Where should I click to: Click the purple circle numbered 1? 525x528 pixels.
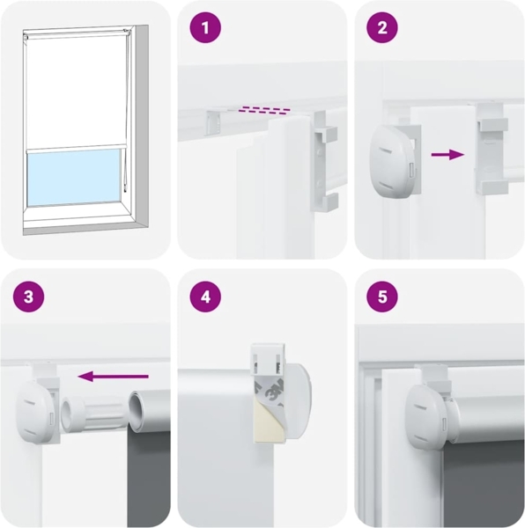[205, 27]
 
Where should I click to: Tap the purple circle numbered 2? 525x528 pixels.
[382, 27]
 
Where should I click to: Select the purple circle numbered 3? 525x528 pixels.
[29, 297]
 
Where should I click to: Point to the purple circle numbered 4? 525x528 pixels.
[205, 297]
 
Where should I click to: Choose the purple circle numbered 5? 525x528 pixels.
[382, 297]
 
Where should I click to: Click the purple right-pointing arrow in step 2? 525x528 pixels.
[447, 155]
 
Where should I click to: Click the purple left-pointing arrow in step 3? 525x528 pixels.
[113, 376]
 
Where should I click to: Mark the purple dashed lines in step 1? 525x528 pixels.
[264, 111]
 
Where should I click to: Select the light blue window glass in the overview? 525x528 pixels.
[73, 177]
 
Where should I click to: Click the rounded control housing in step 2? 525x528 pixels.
[392, 161]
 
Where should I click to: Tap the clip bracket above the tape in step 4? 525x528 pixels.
[269, 359]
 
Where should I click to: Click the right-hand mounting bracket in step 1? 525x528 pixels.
[324, 161]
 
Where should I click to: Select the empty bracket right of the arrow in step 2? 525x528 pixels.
[492, 148]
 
